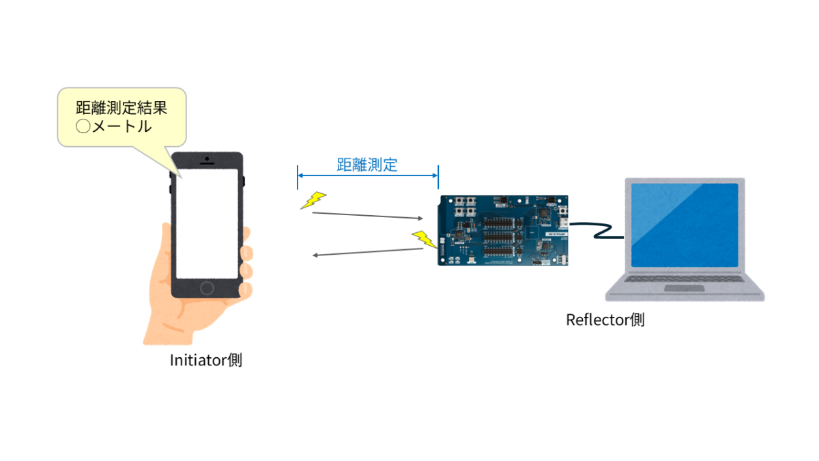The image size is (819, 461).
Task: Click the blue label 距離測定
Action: point(367,165)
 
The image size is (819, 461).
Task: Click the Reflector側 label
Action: point(605,320)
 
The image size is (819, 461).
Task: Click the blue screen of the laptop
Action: point(684,225)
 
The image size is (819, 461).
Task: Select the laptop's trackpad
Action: point(685,289)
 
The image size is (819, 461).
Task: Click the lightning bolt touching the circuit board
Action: point(425,239)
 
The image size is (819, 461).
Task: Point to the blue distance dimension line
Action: point(367,177)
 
